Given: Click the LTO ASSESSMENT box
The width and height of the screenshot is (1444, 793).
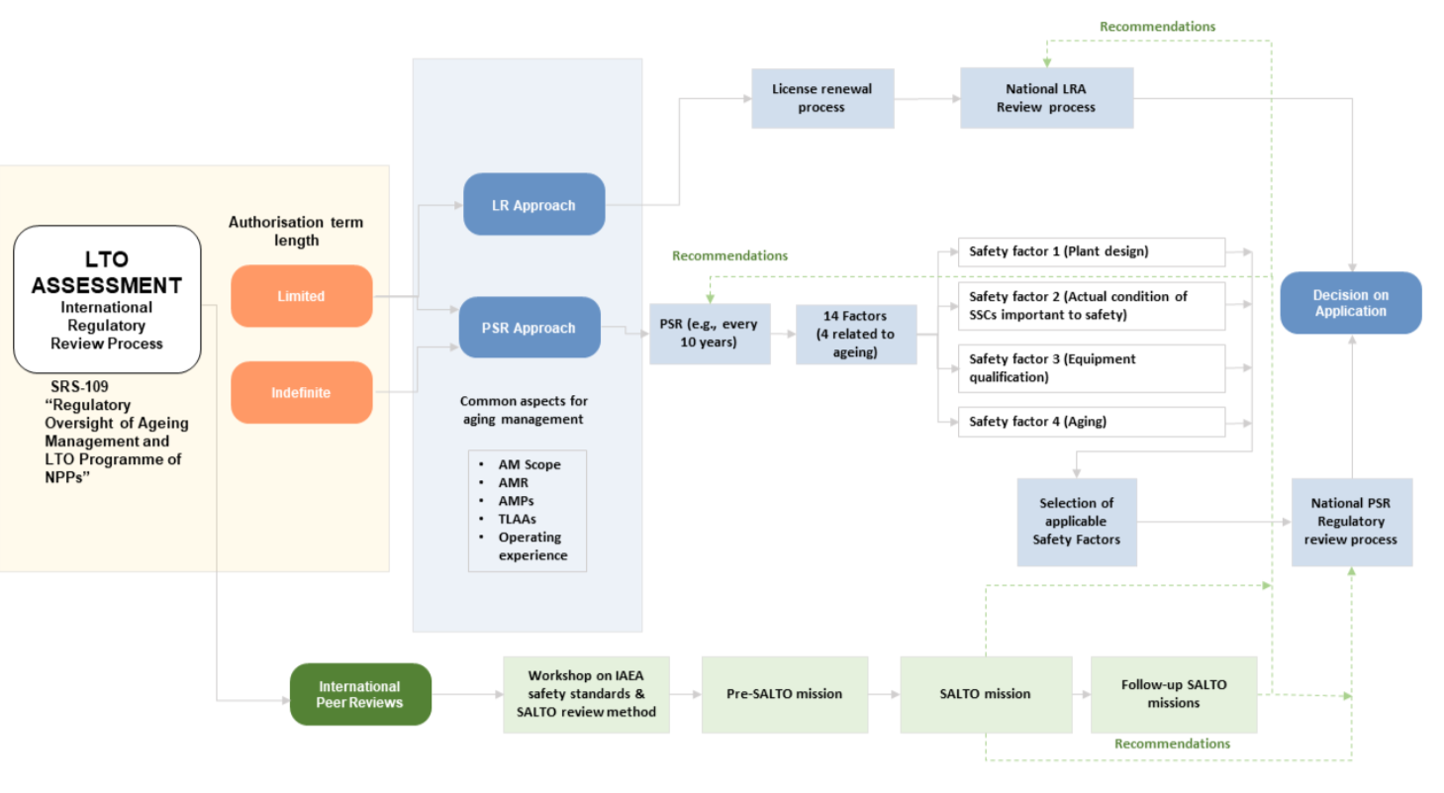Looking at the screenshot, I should click(107, 299).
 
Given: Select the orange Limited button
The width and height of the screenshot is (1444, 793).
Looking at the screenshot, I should click(302, 296).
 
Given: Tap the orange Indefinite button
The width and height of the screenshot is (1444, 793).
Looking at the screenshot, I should click(302, 392).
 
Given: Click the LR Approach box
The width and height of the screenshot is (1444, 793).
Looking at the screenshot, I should click(534, 205).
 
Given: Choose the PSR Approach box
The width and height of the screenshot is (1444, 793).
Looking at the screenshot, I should click(529, 328).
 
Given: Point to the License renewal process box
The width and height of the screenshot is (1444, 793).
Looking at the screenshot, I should click(822, 98).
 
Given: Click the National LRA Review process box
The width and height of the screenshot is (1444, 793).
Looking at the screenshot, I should click(1046, 98).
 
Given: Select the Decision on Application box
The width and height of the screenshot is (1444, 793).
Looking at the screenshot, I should click(1350, 303).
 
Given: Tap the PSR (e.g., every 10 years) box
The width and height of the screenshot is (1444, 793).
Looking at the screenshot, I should click(710, 334).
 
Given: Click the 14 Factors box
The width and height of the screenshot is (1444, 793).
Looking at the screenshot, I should click(856, 334).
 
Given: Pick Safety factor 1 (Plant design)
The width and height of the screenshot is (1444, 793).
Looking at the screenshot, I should click(1091, 251).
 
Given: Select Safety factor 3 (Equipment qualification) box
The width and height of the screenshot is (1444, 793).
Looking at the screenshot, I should click(1091, 367).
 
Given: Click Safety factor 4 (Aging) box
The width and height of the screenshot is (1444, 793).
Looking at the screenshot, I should click(1091, 422).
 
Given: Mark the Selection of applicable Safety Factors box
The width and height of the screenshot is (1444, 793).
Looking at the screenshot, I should click(1077, 522).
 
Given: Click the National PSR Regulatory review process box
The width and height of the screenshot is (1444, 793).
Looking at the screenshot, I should click(1351, 522).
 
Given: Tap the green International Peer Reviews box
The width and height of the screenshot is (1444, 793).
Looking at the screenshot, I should click(360, 694).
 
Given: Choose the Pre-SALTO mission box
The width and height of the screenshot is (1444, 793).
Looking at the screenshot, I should click(784, 694).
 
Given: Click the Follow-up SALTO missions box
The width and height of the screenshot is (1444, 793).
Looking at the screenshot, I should click(1174, 694).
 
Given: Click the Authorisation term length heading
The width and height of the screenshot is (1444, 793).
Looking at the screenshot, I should click(296, 231).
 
